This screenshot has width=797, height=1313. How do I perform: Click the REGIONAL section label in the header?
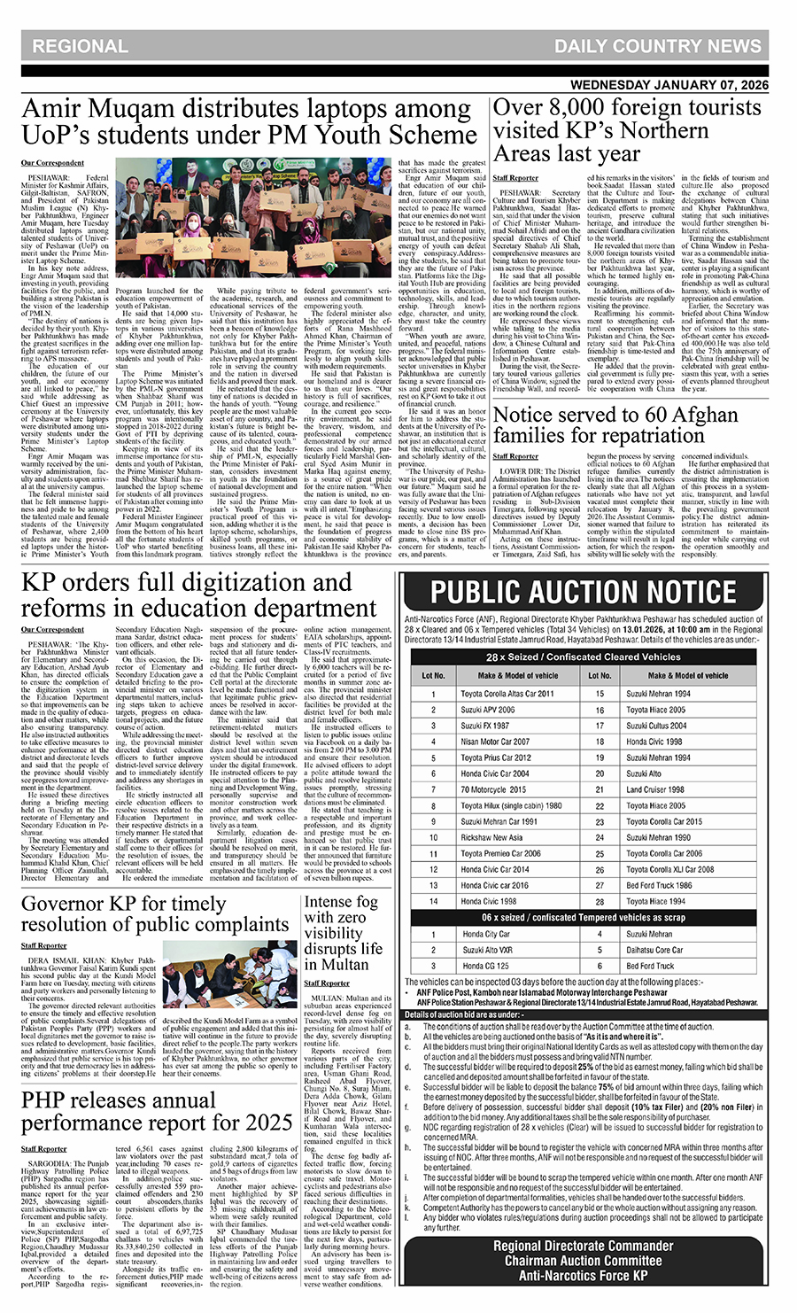coord(80,46)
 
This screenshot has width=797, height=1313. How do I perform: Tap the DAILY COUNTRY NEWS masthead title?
coord(658,46)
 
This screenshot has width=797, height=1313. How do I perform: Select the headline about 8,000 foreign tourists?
coord(627,130)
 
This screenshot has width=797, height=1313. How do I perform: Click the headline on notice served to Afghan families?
coord(615,425)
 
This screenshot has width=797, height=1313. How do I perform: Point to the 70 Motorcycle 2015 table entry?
coord(493,789)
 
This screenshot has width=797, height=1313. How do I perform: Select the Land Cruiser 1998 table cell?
coord(655,789)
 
